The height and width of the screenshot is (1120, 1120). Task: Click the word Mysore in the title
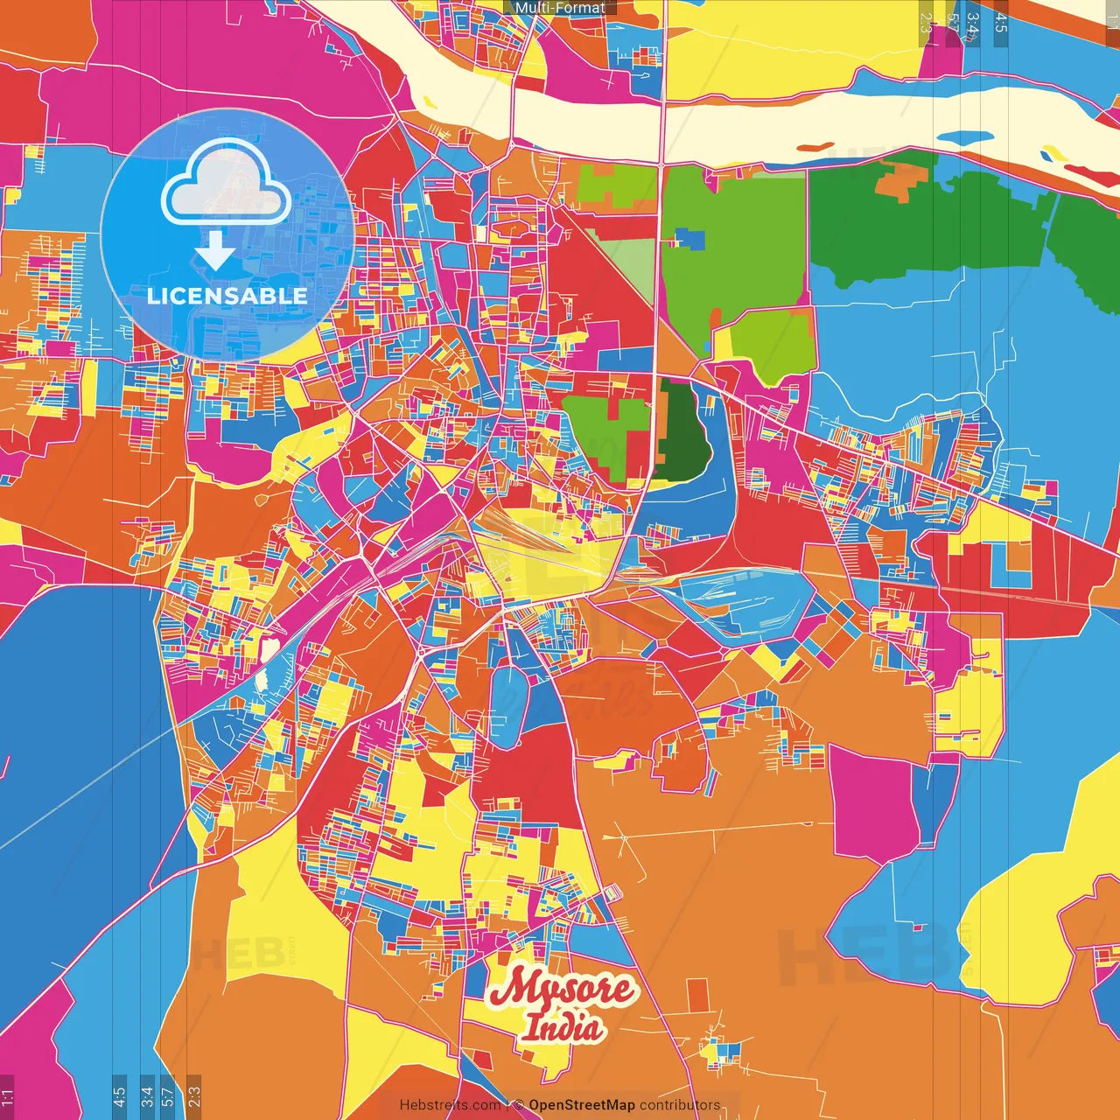561,990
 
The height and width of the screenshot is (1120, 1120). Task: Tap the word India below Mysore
562,1027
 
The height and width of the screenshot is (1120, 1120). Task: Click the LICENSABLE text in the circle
227,296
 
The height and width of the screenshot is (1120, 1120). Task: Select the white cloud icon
226,185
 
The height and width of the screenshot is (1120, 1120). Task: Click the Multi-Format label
560,8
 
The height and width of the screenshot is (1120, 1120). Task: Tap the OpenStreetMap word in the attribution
581,1105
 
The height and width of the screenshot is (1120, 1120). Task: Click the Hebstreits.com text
450,1105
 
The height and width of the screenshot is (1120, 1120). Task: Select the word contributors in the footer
680,1105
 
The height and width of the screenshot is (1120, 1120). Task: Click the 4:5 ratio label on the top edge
1000,23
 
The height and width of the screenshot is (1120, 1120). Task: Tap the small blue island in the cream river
964,138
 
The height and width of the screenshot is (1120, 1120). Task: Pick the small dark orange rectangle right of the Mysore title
696,996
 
